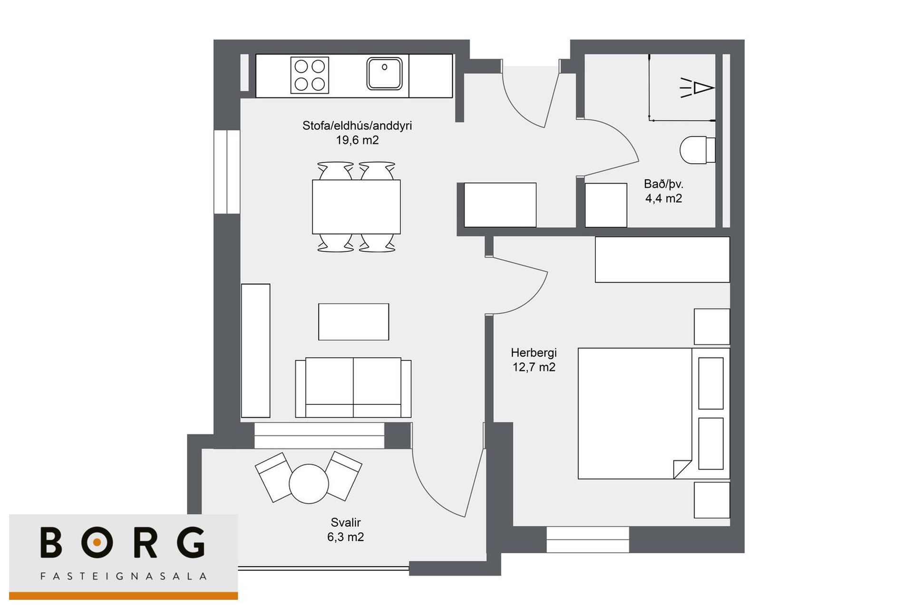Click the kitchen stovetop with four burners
coord(310,75)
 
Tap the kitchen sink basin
coord(384,73)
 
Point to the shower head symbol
coord(697,88)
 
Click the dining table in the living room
coord(356,206)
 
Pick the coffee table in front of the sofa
coord(353,322)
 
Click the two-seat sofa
coord(353,387)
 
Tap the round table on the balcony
coord(309,484)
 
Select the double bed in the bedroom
coord(654,413)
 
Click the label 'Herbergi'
coord(534,353)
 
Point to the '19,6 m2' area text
coord(357,140)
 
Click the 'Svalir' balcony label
coord(346,522)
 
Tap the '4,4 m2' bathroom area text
coord(663,198)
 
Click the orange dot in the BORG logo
coord(97,542)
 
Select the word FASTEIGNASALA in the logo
coord(123,576)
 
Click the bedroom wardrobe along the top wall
coord(662,259)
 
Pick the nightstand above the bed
coord(712,326)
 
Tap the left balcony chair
coord(273,477)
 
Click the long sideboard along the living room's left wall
coord(256,351)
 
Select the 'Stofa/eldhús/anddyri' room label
coord(357,126)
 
